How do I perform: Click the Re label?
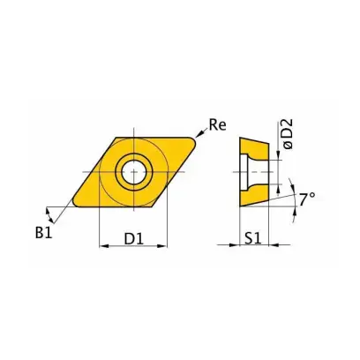point(218,124)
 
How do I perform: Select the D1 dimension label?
point(134,239)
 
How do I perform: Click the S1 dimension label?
point(252,239)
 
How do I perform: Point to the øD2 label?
point(289,134)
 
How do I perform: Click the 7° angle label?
point(307,199)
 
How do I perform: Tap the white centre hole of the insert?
point(134,172)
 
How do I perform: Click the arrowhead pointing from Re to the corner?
point(199,134)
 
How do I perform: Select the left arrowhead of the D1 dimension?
point(103,246)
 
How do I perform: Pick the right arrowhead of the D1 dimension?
point(163,246)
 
